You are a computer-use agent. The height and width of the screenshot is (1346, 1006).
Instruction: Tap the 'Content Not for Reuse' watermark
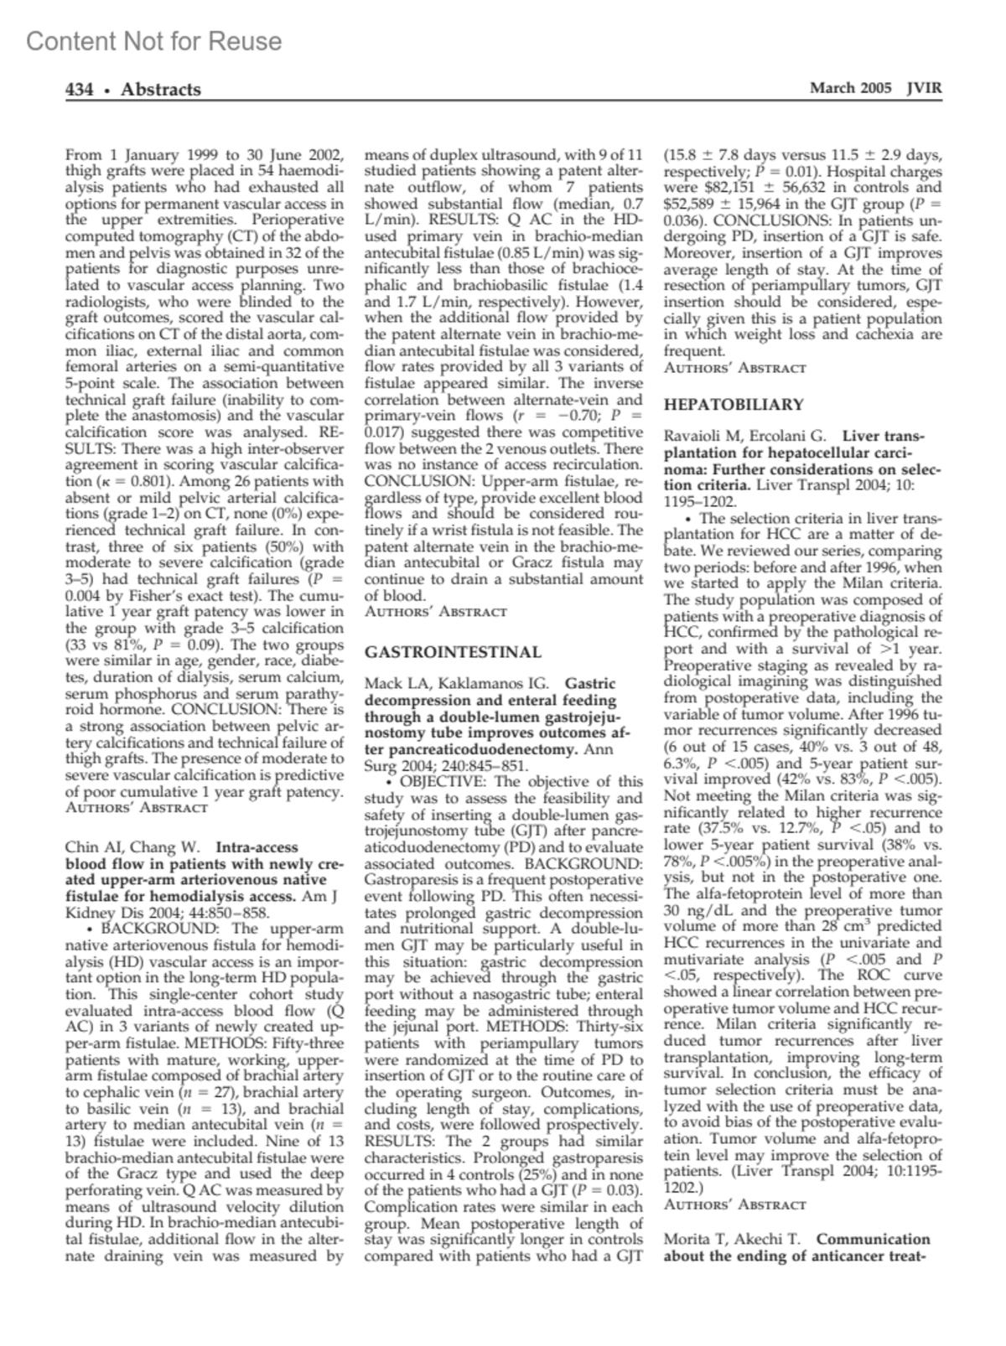coord(153,41)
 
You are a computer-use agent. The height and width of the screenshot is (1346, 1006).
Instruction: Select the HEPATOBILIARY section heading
coord(734,405)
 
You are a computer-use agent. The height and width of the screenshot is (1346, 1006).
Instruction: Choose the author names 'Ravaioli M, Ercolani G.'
coord(745,437)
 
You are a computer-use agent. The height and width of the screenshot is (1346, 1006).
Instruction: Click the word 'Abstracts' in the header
coord(160,90)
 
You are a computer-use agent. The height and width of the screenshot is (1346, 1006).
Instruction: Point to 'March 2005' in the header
coord(844,88)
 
